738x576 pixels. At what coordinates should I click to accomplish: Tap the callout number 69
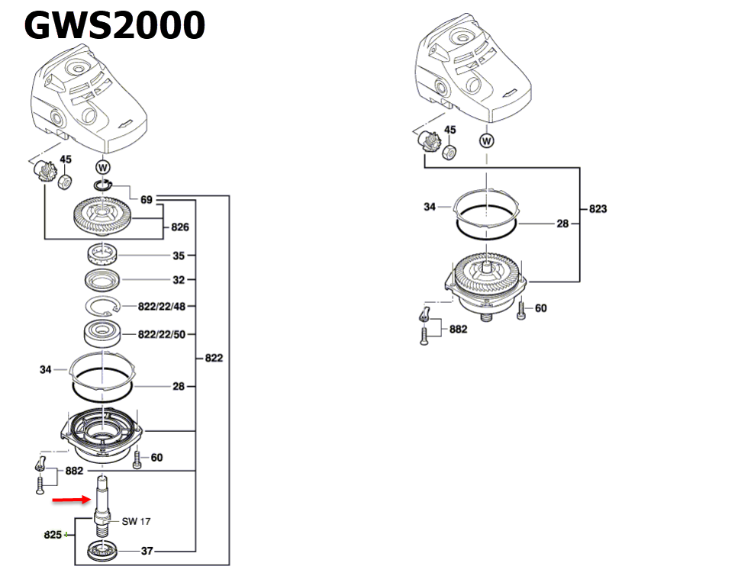(147, 200)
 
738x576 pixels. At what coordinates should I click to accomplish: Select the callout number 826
(180, 227)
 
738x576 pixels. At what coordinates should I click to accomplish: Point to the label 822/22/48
(162, 306)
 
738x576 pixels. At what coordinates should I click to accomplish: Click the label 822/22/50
(162, 334)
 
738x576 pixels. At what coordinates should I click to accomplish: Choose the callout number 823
(598, 208)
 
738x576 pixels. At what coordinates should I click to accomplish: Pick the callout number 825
(53, 535)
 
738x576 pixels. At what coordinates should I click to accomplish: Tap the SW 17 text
(136, 522)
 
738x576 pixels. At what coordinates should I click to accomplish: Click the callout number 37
(147, 551)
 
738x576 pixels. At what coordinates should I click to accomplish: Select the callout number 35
(179, 256)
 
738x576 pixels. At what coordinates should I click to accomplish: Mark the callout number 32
(179, 280)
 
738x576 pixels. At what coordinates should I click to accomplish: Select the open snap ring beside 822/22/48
(103, 307)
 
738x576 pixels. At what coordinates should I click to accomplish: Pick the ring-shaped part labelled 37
(102, 550)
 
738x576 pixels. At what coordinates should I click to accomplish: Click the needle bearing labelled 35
(102, 254)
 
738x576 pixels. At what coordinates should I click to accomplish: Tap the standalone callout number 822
(214, 357)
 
